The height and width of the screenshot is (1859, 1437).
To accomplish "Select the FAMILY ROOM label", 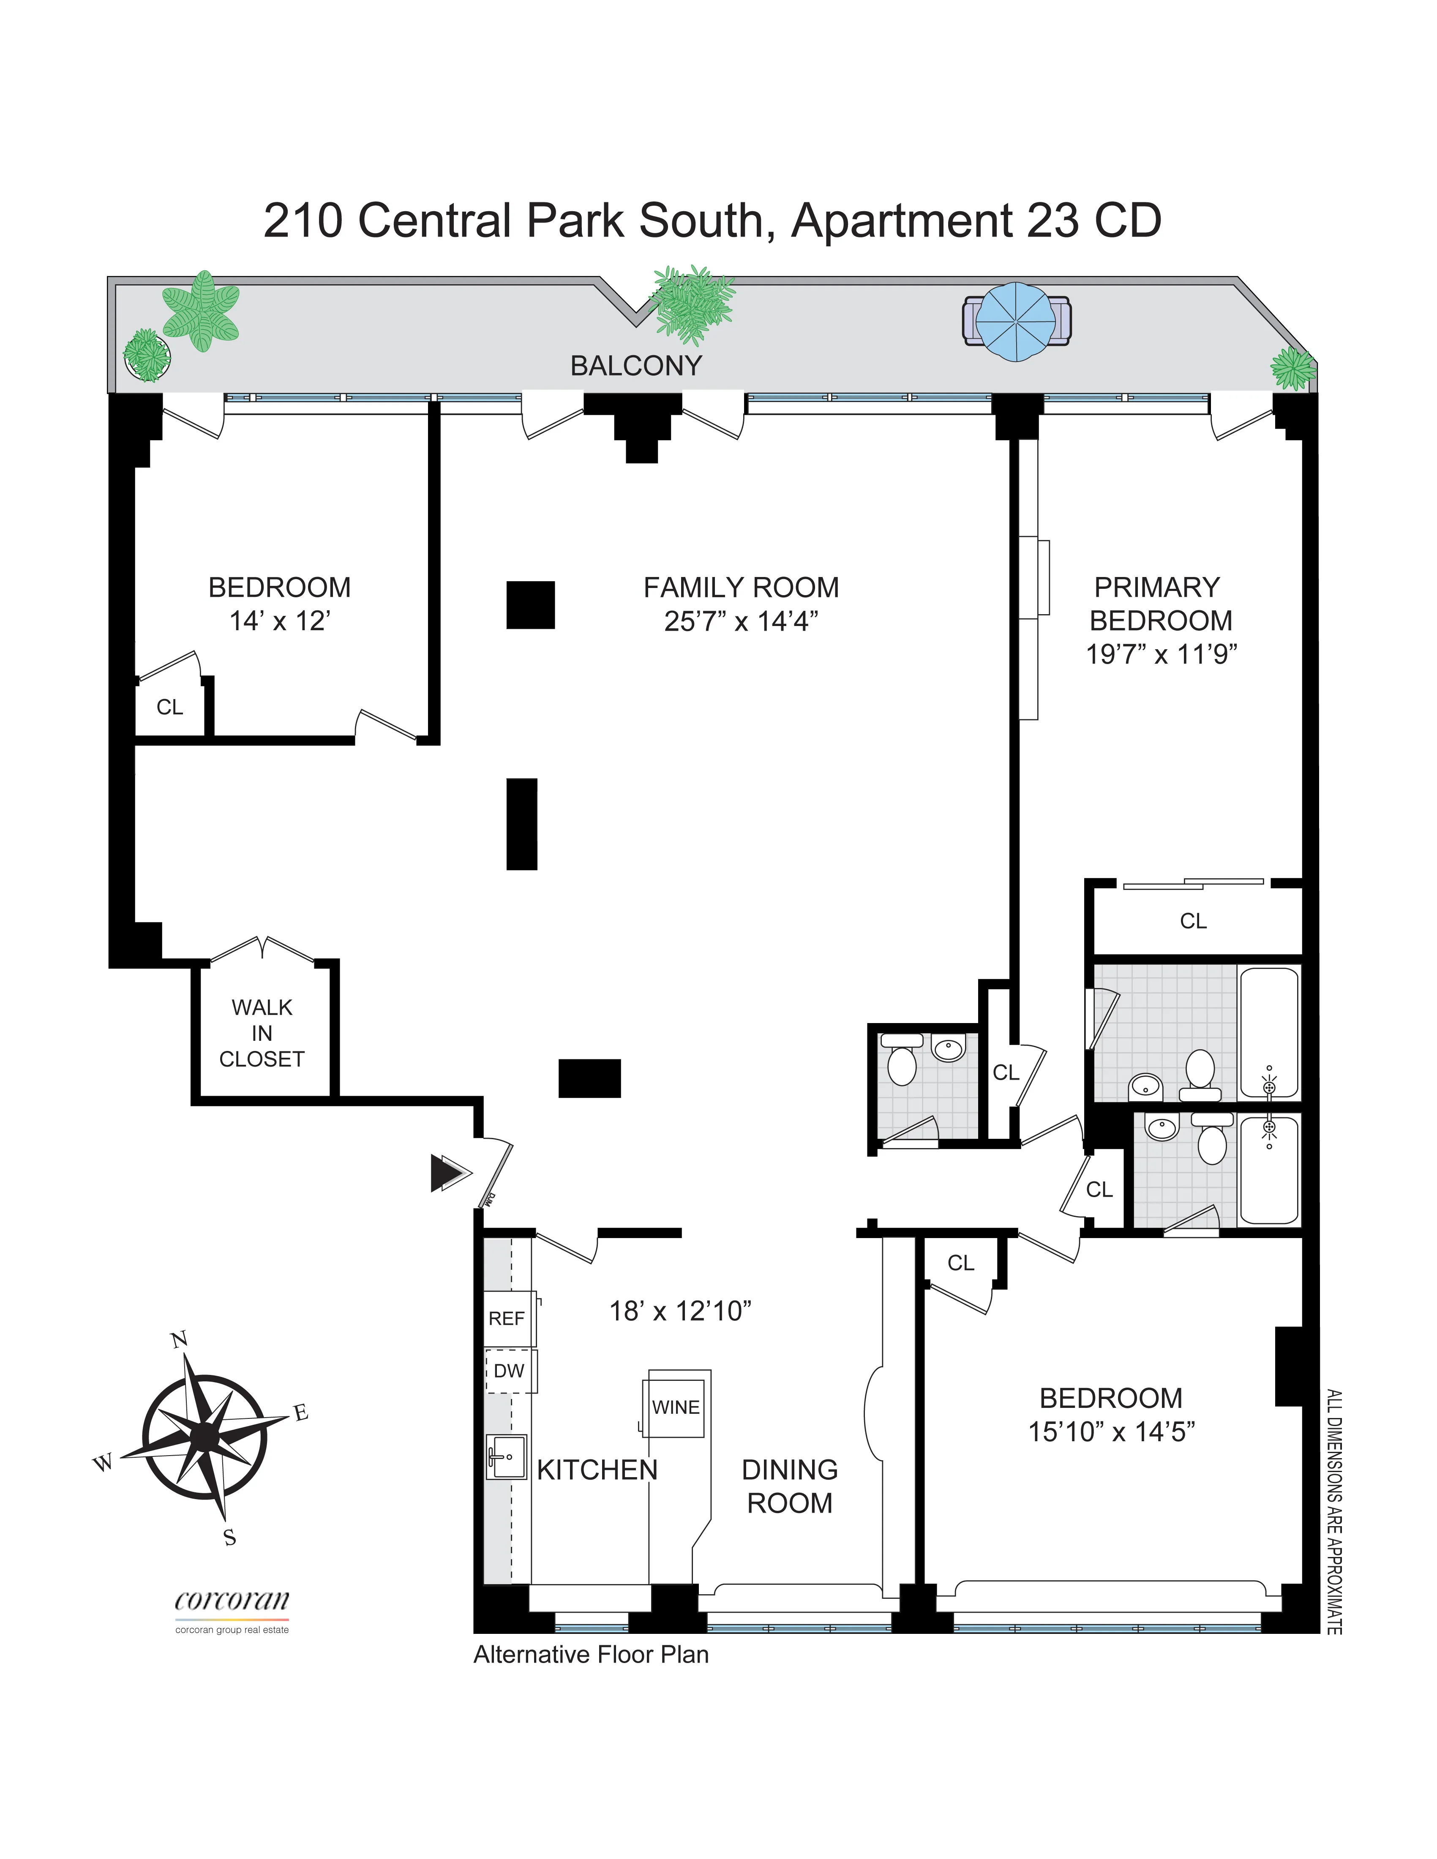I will click(741, 587).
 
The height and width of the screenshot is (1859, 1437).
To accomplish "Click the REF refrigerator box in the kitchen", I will click(507, 1318).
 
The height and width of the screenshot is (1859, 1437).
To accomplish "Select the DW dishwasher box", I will click(509, 1370).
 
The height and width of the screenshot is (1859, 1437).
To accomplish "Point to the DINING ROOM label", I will click(789, 1486).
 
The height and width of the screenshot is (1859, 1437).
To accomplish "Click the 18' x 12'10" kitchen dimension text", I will click(679, 1311).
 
